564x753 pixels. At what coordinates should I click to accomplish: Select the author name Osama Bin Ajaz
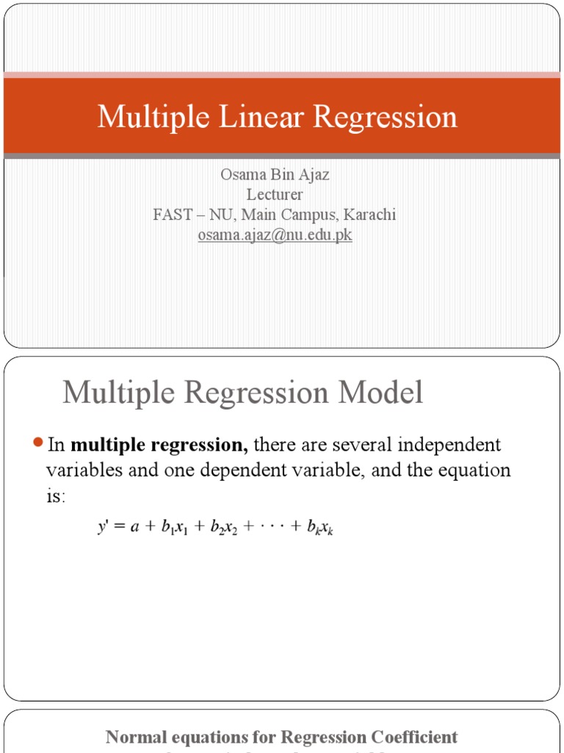[x=275, y=175]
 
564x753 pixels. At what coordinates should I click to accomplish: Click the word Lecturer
[x=275, y=195]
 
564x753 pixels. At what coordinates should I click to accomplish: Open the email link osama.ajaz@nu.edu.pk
[x=275, y=236]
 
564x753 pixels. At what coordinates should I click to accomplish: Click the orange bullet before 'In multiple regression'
[x=39, y=443]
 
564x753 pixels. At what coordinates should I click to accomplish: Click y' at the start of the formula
[x=104, y=528]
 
